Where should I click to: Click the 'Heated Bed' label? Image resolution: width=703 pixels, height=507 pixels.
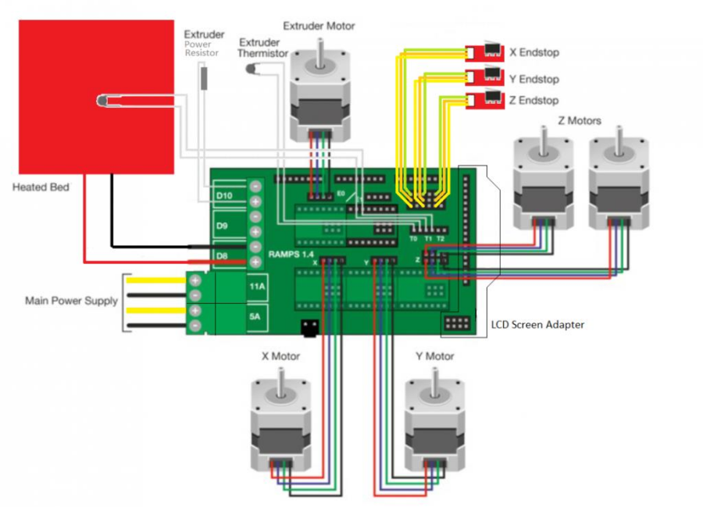pos(41,187)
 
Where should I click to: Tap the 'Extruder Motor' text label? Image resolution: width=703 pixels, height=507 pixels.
pos(319,26)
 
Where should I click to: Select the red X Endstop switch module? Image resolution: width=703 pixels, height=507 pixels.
pos(485,52)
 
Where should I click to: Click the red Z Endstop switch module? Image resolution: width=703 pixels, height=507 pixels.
pos(485,100)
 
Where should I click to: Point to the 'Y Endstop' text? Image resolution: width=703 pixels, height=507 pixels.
pos(533,79)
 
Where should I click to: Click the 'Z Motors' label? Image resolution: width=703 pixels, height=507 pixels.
pos(580,121)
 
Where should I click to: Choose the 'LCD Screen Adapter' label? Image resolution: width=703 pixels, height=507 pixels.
pos(537,324)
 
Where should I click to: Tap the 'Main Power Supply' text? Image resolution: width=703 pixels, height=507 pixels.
pos(71,301)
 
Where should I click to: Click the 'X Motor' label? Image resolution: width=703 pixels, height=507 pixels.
pos(280,356)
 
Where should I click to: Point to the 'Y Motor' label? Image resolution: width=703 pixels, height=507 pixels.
pos(434,356)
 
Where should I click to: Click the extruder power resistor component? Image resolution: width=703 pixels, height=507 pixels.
pos(205,77)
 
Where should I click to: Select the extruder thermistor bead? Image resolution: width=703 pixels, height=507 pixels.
pos(252,70)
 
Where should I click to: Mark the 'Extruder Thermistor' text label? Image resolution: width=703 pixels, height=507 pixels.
pos(263,47)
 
